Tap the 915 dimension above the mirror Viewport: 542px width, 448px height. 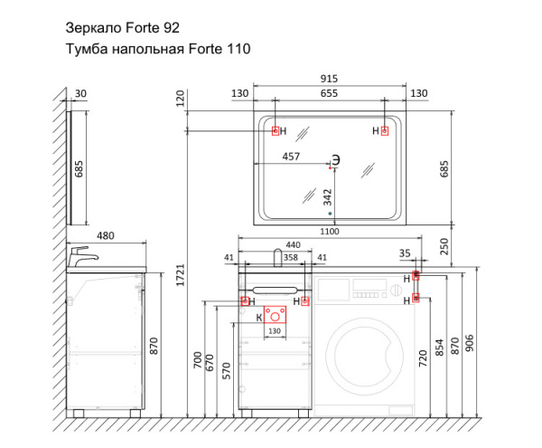[329, 80]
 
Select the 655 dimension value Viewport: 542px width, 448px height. [329, 93]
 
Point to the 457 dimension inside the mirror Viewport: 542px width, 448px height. [291, 157]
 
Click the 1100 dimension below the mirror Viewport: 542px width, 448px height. [329, 233]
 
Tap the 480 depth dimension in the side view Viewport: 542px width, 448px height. [107, 235]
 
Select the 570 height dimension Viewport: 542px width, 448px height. [227, 371]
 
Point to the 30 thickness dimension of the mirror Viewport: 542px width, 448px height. [80, 93]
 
